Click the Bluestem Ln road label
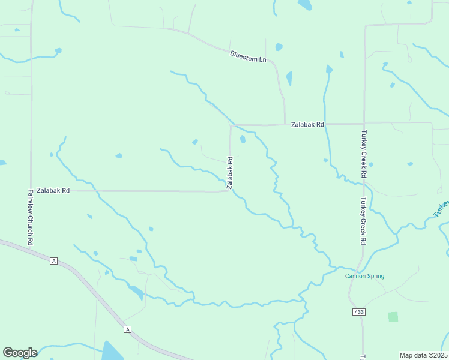pos(248,57)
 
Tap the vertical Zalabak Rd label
pos(230,173)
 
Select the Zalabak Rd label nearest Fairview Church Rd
pos(53,190)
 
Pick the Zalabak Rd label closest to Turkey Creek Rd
pos(307,124)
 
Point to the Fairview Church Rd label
pos(30,217)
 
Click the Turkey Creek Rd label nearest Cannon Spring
pos(363,221)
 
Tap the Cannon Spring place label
pos(364,276)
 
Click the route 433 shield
pos(359,312)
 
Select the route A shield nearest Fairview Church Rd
pos(53,260)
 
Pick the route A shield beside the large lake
pos(127,329)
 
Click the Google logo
pos(20,353)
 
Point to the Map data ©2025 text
pos(423,355)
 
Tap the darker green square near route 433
pos(393,317)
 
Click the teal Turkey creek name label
pos(441,209)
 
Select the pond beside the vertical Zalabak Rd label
pos(243,140)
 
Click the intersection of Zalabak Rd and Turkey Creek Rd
pos(364,124)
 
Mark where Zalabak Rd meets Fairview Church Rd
pos(31,191)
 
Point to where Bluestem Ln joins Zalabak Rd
pos(284,124)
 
